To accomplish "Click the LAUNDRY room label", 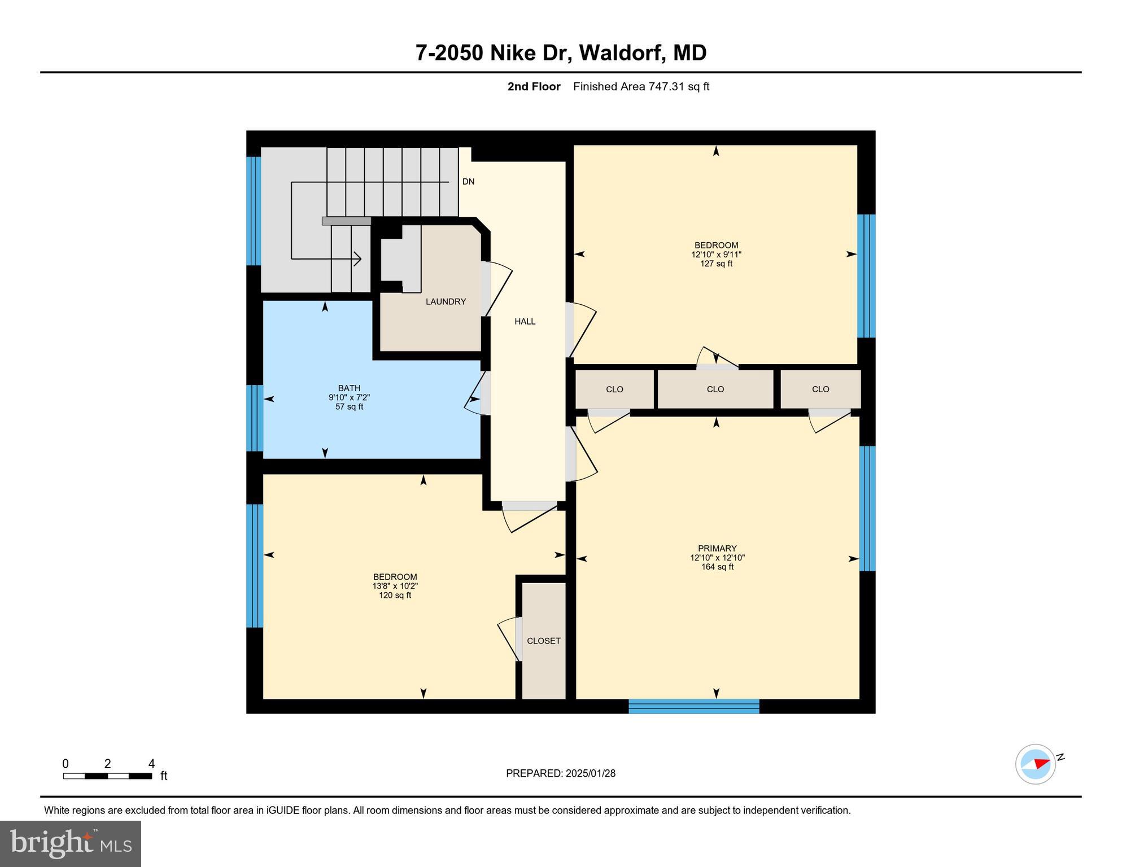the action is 446,302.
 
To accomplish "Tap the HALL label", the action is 525,322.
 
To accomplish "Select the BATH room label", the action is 349,388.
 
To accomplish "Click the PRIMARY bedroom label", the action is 717,549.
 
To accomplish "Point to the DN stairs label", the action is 468,182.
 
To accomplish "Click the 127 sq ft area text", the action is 716,264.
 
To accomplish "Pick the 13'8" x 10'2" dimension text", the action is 395,586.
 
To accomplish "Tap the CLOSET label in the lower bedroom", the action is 543,641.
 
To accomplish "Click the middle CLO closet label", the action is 715,389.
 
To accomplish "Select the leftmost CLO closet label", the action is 614,389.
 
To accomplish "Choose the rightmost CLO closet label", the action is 820,389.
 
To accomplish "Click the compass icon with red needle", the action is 1036,764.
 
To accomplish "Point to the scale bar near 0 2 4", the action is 107,776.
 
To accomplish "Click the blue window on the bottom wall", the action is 693,706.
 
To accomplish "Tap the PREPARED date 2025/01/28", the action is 560,773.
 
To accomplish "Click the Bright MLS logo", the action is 71,843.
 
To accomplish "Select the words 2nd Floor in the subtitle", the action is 534,87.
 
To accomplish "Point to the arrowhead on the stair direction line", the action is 357,259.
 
